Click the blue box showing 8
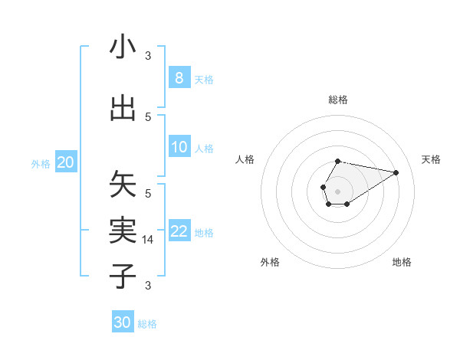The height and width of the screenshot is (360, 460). (179, 78)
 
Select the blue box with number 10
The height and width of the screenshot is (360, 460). (179, 147)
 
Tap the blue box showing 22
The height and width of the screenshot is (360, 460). (179, 231)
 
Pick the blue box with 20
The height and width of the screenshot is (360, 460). (66, 162)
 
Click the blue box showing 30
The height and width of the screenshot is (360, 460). (123, 322)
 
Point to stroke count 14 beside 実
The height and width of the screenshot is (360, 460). (149, 240)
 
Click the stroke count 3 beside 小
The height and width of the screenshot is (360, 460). (149, 56)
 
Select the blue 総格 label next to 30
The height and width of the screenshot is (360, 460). (147, 324)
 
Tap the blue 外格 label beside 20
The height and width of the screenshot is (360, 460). (41, 164)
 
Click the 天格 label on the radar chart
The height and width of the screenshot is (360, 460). (432, 159)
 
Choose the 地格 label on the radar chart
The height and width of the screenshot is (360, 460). (402, 262)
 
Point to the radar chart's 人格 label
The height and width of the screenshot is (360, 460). (245, 159)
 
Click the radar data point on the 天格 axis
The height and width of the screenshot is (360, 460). (396, 172)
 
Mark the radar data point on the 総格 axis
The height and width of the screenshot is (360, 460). (337, 161)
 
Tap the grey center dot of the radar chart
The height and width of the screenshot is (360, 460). (337, 191)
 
